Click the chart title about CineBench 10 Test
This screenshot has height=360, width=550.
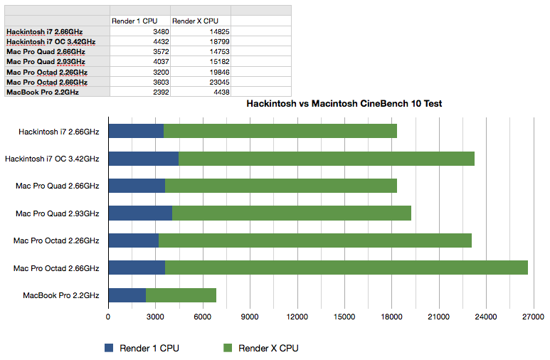344,104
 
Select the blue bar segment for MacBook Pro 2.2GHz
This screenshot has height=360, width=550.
127,295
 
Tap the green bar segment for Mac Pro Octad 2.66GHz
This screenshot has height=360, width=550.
346,268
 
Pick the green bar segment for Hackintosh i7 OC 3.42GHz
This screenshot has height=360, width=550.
326,159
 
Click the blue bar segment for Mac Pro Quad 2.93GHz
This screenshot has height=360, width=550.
140,213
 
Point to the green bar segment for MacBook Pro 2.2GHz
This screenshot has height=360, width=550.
181,295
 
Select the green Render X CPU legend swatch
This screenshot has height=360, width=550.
228,348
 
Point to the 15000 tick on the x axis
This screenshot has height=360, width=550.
344,317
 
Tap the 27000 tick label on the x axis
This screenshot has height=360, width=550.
533,317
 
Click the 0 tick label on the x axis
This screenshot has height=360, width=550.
108,317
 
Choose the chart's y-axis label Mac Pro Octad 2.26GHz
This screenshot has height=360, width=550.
55,240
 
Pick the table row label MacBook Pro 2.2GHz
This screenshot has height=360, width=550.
42,92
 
